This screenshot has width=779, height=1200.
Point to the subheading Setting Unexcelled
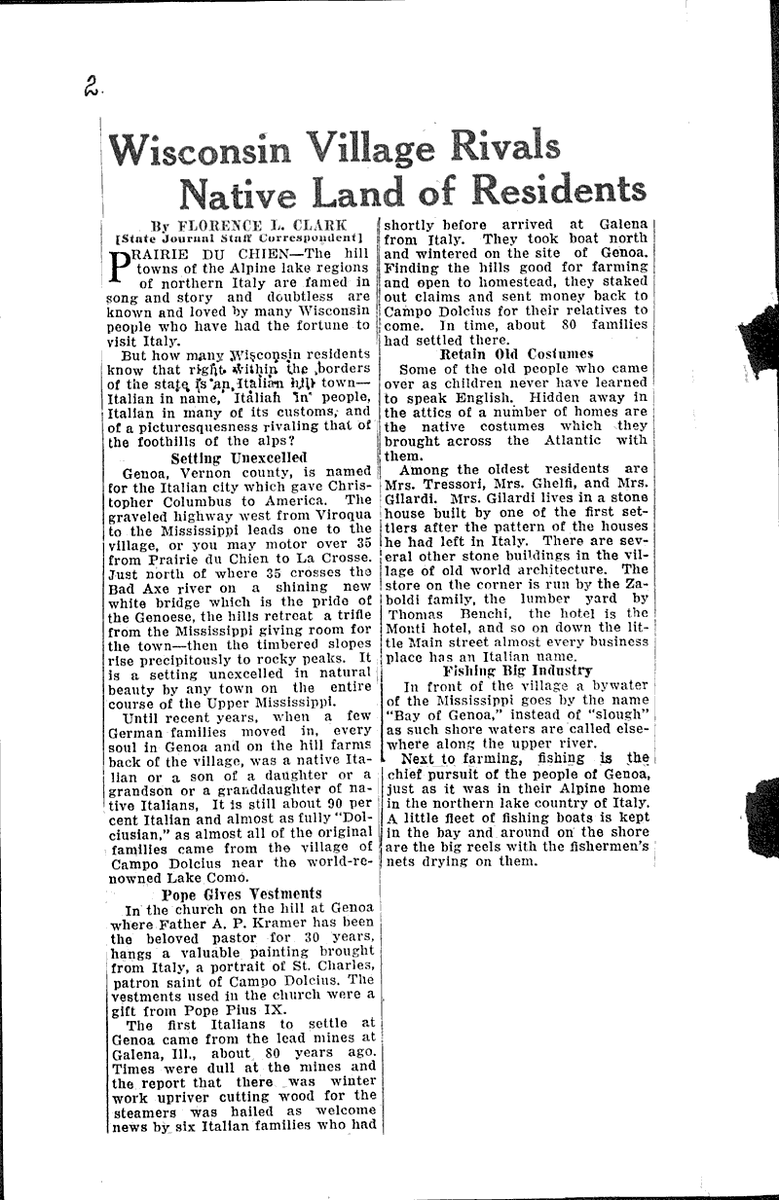(x=239, y=457)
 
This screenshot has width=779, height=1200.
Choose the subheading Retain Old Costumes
(x=516, y=354)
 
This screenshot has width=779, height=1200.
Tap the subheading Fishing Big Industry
(x=517, y=671)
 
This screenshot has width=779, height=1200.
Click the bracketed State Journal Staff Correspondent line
(x=239, y=237)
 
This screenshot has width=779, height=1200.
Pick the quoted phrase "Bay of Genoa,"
(x=446, y=716)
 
